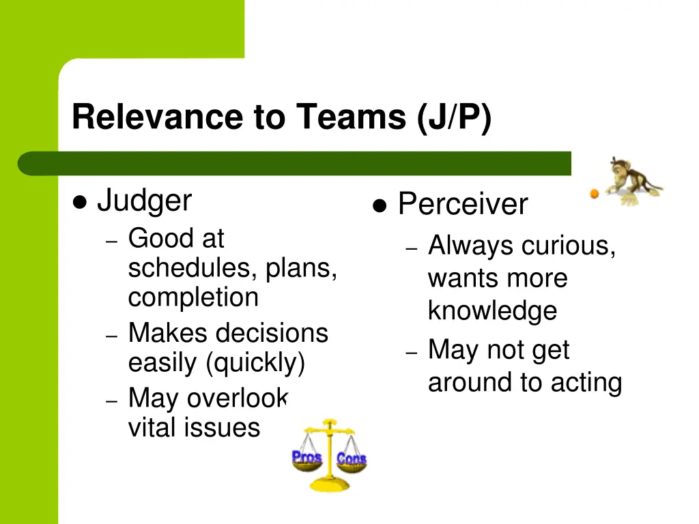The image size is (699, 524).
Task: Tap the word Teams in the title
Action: click(x=350, y=117)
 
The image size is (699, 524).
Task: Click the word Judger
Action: click(x=144, y=201)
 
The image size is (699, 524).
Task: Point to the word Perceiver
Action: click(x=463, y=205)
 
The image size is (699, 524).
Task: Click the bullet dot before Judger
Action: click(x=80, y=202)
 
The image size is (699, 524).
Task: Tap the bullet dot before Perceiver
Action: click(x=380, y=205)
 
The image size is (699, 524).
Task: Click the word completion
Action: click(x=193, y=297)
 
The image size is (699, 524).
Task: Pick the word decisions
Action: click(x=272, y=333)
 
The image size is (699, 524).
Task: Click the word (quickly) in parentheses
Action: click(x=255, y=362)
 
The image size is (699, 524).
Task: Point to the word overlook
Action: click(x=238, y=398)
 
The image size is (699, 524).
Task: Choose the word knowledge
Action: click(x=492, y=311)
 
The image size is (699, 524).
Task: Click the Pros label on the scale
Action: click(x=306, y=457)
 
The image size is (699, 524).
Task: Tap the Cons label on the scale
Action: click(x=352, y=458)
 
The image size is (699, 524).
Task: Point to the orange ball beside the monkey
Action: click(x=594, y=194)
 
